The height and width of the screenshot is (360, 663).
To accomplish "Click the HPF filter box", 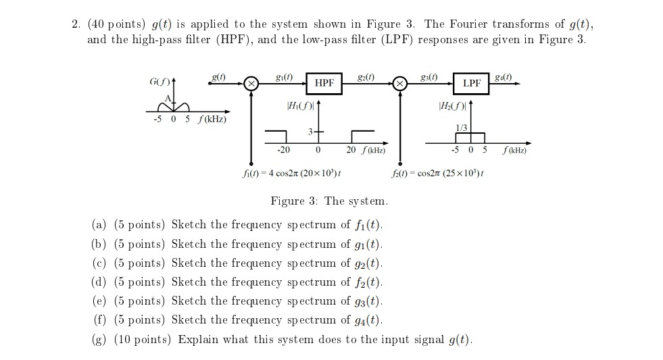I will point(324,82).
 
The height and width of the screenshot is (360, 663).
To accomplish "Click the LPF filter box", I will point(472,82).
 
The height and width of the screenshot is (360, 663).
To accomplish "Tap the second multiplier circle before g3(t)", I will point(400,84).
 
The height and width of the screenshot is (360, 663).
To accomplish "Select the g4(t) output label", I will point(504,76).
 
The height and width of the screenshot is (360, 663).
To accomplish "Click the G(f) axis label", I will point(159,82).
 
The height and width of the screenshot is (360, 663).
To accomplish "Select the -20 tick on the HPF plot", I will point(283,149).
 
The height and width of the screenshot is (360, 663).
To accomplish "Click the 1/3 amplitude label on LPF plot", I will point(463,127).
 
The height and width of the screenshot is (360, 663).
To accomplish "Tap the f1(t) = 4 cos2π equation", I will point(291,173).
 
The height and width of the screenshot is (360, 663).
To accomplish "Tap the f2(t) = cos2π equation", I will point(437,173).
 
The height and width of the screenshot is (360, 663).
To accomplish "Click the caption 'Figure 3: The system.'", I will point(329,201).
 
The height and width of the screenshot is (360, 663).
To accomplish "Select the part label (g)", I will point(99,339).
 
